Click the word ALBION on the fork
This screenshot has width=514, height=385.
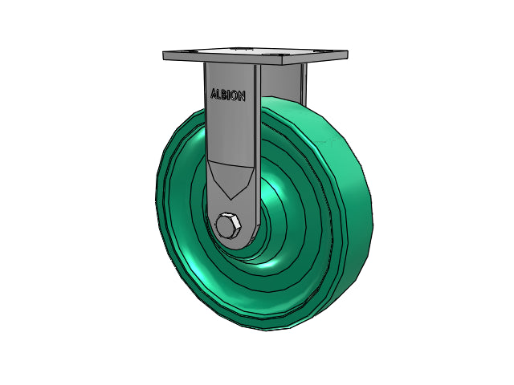pyautogui.click(x=228, y=95)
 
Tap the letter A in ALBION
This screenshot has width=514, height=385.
pyautogui.click(x=214, y=93)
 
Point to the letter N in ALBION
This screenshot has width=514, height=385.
pyautogui.click(x=242, y=96)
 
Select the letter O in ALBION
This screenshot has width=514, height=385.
pyautogui.click(x=235, y=95)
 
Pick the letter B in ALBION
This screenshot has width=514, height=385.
pyautogui.click(x=224, y=95)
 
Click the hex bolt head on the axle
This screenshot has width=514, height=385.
pyautogui.click(x=228, y=226)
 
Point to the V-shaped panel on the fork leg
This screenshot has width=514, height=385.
pyautogui.click(x=231, y=178)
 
